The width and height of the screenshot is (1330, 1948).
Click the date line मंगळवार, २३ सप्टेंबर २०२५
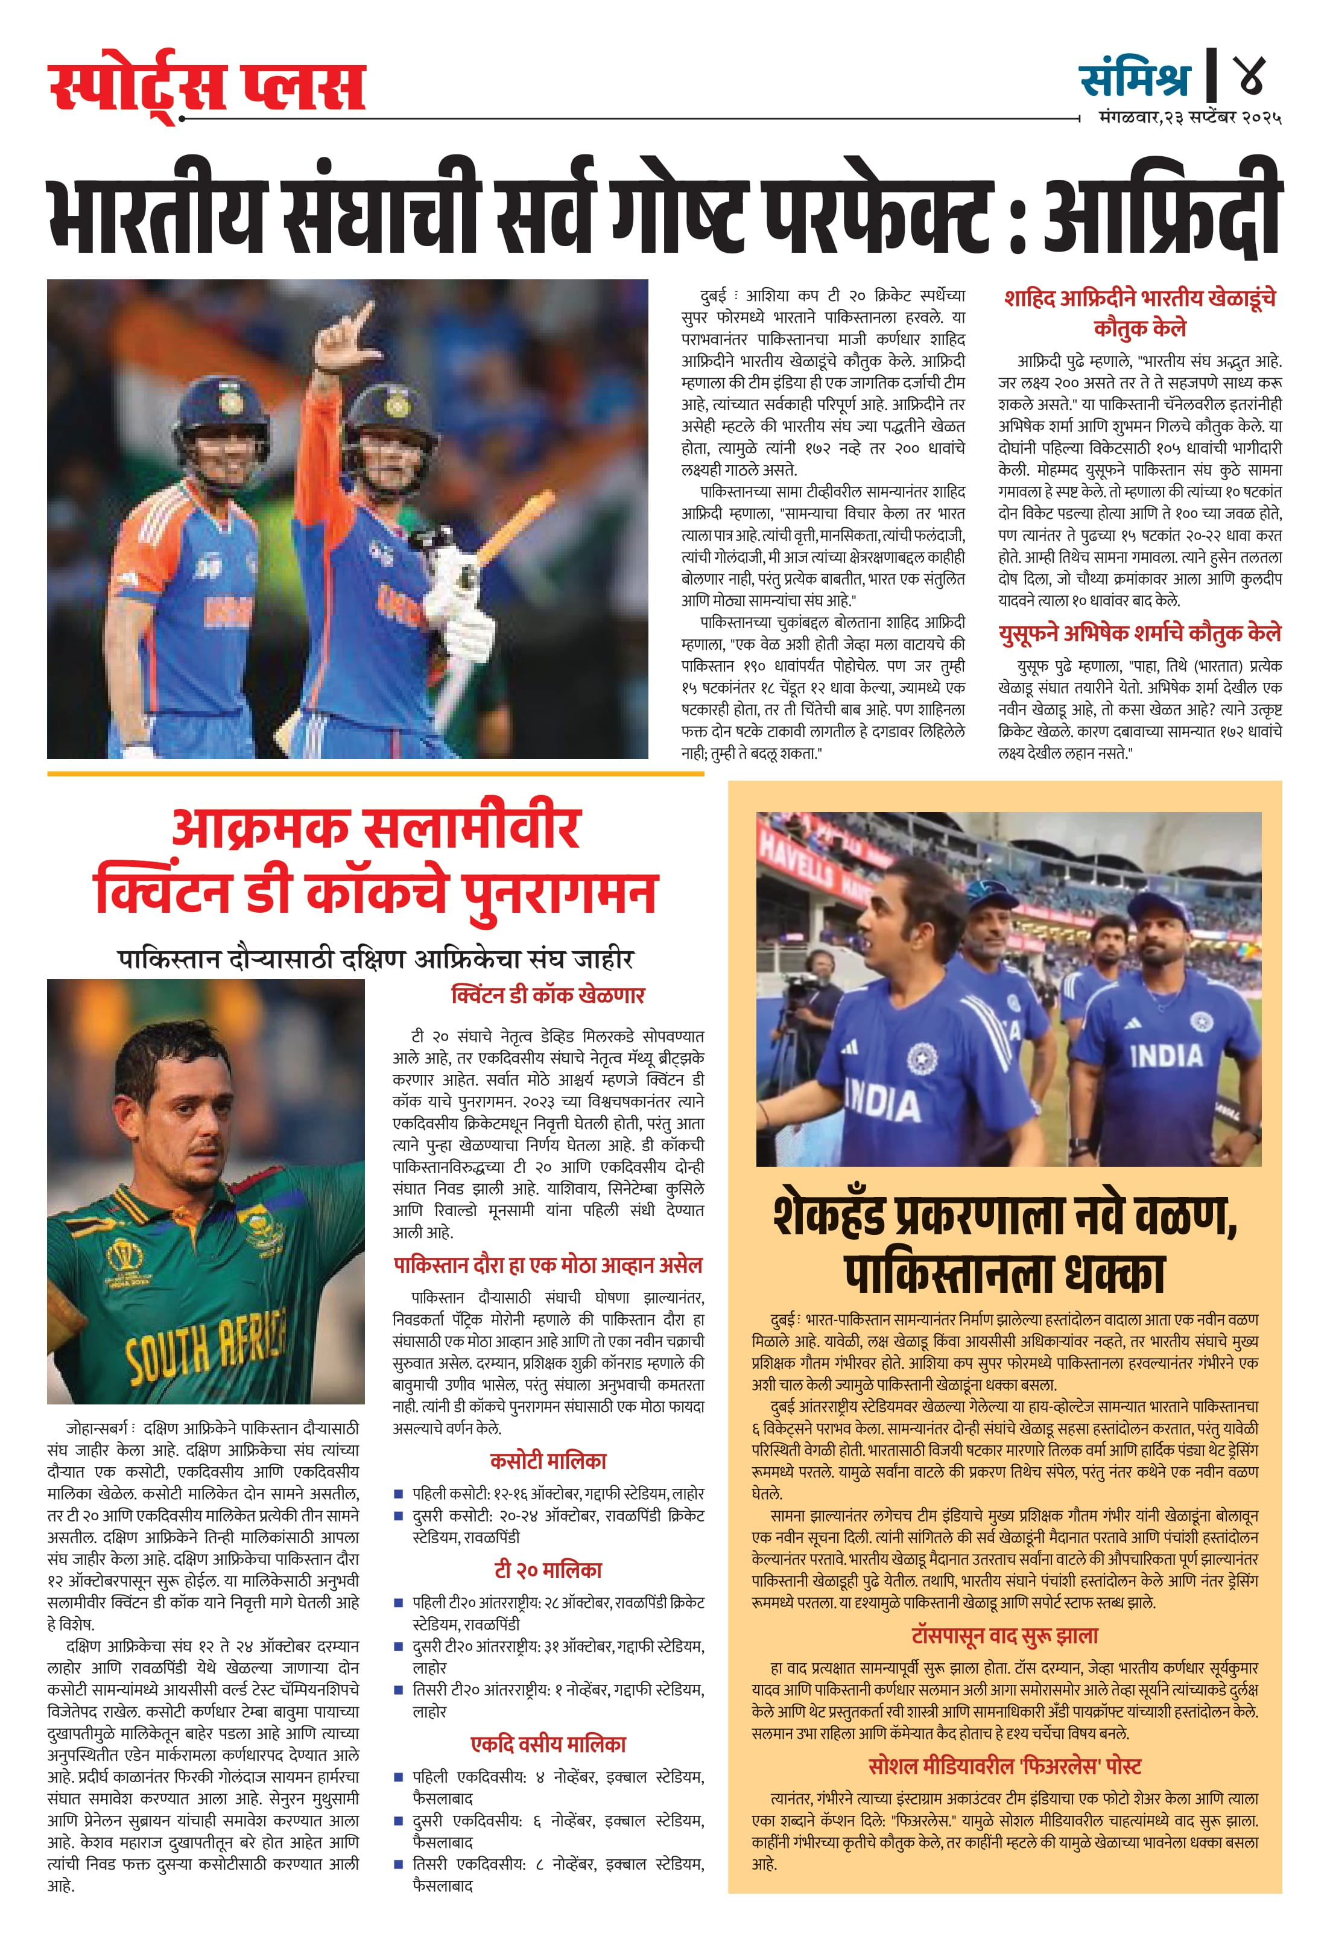click(1189, 118)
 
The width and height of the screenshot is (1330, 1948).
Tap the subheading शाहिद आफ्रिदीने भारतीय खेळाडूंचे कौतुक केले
click(1140, 312)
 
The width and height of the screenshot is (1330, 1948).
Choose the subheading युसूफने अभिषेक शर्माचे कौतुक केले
click(1140, 633)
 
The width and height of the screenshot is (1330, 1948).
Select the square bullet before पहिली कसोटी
click(400, 1494)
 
